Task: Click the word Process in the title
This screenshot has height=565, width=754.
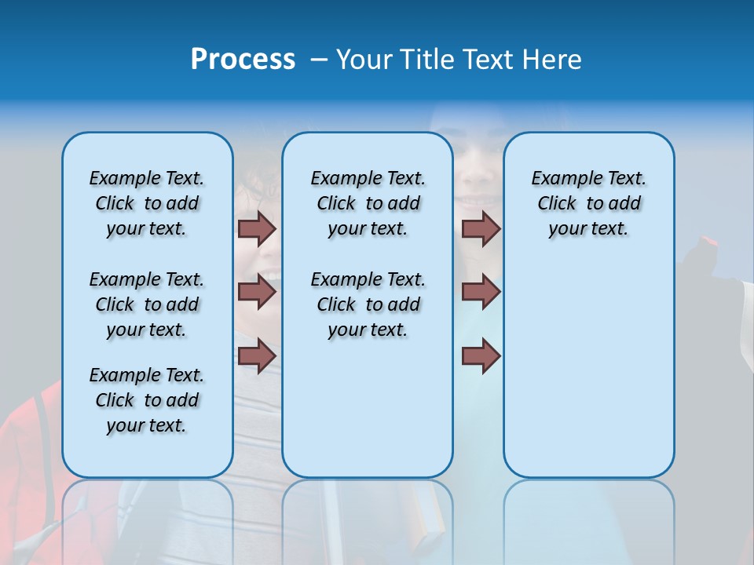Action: [243, 60]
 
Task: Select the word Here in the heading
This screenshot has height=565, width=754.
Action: [554, 60]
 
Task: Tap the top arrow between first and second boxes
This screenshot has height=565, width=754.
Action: [257, 228]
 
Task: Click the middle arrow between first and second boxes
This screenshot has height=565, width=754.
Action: [257, 292]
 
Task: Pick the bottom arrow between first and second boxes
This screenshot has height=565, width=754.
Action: [257, 356]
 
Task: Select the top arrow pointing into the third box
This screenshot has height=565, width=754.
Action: [481, 228]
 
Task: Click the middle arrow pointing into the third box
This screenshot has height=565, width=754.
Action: [481, 292]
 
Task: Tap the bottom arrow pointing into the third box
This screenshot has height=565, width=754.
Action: [481, 356]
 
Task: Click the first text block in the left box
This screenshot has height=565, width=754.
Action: [147, 203]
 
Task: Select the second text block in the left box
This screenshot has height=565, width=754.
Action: [147, 304]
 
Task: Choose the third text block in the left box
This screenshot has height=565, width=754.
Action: [147, 400]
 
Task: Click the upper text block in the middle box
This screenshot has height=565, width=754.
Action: [368, 203]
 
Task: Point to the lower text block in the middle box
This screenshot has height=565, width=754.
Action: [368, 304]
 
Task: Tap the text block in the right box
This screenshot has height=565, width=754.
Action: [588, 203]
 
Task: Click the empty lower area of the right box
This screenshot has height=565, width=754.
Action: [588, 377]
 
